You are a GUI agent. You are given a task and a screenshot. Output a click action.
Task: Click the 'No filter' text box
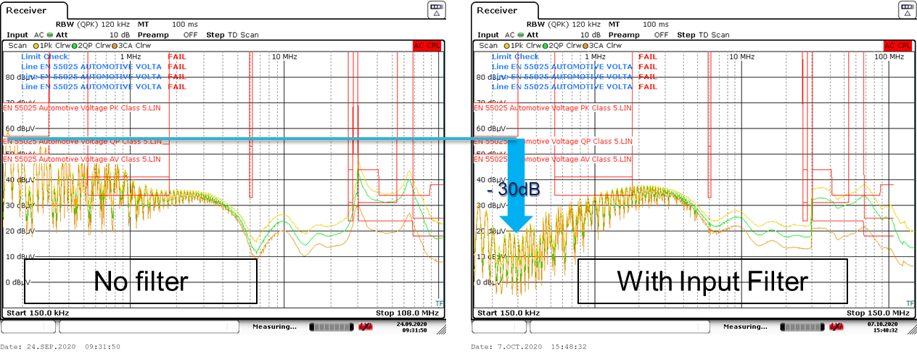click(x=141, y=281)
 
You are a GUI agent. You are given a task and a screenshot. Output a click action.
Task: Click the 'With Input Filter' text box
click(x=712, y=281)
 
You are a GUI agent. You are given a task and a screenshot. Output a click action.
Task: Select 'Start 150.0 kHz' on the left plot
click(x=37, y=313)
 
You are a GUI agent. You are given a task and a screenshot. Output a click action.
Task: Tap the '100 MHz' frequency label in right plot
click(x=889, y=56)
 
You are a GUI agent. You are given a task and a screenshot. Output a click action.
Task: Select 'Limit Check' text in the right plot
click(x=515, y=56)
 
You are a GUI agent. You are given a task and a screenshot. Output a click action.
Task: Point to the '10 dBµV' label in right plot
click(x=490, y=256)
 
